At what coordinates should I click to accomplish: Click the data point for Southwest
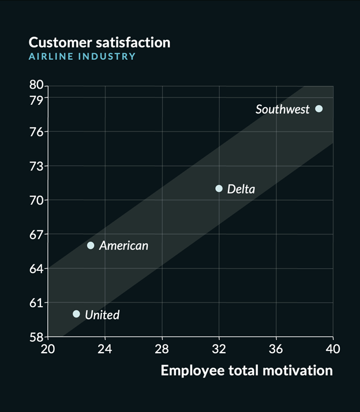coord(319,109)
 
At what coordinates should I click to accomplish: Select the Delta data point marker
coord(219,188)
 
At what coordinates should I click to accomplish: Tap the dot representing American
coord(91,245)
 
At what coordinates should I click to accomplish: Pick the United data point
coord(76,314)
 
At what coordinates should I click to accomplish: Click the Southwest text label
coord(283,109)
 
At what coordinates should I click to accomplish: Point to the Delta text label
coord(241,189)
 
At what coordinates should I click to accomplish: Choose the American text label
coord(123,246)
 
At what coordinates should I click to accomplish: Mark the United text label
coord(102,315)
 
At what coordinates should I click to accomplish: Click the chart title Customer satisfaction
coord(99,42)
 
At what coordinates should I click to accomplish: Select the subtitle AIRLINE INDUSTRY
coord(82,56)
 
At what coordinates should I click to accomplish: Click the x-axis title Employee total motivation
coord(246,370)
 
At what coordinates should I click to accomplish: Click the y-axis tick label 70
coord(36,201)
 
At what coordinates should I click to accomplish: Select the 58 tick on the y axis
coord(36,337)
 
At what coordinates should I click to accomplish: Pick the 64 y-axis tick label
coord(36,269)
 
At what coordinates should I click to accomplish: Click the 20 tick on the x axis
coord(48,349)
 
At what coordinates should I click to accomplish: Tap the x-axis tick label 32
coord(219,349)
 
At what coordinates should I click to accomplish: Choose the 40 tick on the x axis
coord(333,349)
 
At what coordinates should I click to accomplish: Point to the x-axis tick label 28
coord(162,349)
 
